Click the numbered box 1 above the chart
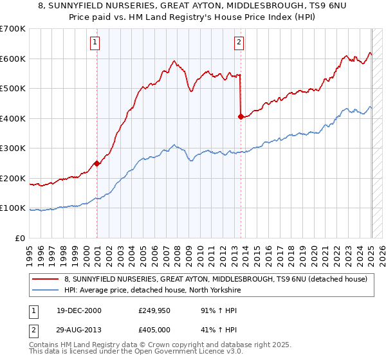[x=95, y=43]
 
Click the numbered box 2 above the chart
[x=239, y=43]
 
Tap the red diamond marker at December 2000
[x=96, y=163]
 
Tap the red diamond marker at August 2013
[x=241, y=117]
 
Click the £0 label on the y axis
[x=20, y=238]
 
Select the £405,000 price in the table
[x=154, y=330]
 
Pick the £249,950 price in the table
[x=154, y=310]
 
